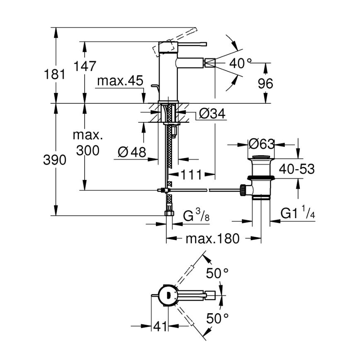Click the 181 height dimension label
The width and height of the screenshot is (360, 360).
tap(55, 75)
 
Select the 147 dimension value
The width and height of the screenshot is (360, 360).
tap(85, 66)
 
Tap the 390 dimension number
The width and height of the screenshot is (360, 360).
tap(55, 160)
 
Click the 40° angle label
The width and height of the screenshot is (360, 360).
tap(241, 63)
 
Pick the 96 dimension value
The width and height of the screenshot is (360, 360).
tap(265, 83)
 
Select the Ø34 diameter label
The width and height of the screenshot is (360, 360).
tap(212, 113)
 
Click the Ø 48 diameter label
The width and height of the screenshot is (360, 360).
tap(132, 152)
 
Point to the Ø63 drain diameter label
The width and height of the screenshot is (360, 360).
tap(261, 144)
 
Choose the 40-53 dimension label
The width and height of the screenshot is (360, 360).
tap(296, 169)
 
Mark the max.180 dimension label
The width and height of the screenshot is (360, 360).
tap(212, 239)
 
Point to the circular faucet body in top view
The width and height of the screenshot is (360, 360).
tap(168, 295)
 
